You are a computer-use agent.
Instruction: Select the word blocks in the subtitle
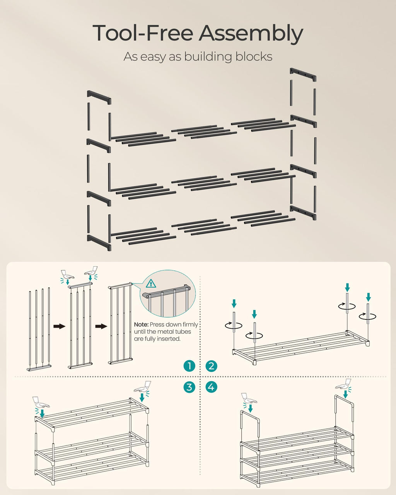pyautogui.click(x=253, y=56)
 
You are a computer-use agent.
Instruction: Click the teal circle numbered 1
pyautogui.click(x=189, y=366)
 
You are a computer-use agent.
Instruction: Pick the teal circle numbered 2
pyautogui.click(x=211, y=366)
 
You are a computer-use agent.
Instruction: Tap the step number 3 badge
pyautogui.click(x=189, y=387)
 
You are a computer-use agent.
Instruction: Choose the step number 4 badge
pyautogui.click(x=211, y=387)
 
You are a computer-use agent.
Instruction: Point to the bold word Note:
pyautogui.click(x=141, y=325)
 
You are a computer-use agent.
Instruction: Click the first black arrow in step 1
pyautogui.click(x=59, y=326)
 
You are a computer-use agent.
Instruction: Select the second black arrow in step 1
pyautogui.click(x=101, y=326)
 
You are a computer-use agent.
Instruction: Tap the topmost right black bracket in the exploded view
pyautogui.click(x=303, y=75)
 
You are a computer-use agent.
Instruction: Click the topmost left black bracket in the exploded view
pyautogui.click(x=99, y=97)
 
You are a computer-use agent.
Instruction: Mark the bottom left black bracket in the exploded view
pyautogui.click(x=99, y=242)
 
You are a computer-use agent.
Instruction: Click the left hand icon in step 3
pyautogui.click(x=41, y=403)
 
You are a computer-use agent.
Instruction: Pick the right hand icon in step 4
pyautogui.click(x=343, y=384)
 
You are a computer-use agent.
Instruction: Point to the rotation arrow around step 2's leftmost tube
pyautogui.click(x=234, y=325)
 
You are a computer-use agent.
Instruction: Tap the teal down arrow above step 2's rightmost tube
pyautogui.click(x=368, y=297)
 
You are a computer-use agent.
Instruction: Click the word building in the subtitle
pyautogui.click(x=207, y=56)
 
